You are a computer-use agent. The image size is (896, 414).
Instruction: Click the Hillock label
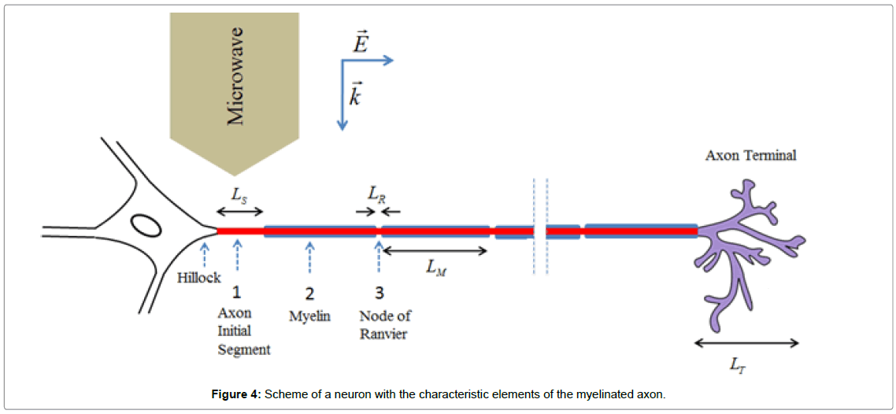[x=198, y=277]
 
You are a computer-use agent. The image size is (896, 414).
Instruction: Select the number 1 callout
[x=237, y=293]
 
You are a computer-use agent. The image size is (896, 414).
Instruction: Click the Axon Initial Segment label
[x=243, y=331]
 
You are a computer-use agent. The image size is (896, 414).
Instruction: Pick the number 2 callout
[x=309, y=294]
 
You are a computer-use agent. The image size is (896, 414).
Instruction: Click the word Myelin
[x=309, y=316]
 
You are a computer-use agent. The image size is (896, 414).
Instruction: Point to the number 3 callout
[x=379, y=293]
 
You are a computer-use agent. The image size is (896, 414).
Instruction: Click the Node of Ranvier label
[x=385, y=323]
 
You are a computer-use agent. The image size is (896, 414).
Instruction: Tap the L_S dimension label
[x=239, y=193]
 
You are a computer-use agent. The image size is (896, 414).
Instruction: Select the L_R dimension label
[x=377, y=193]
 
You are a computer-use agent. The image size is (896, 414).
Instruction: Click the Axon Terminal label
[x=750, y=155]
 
